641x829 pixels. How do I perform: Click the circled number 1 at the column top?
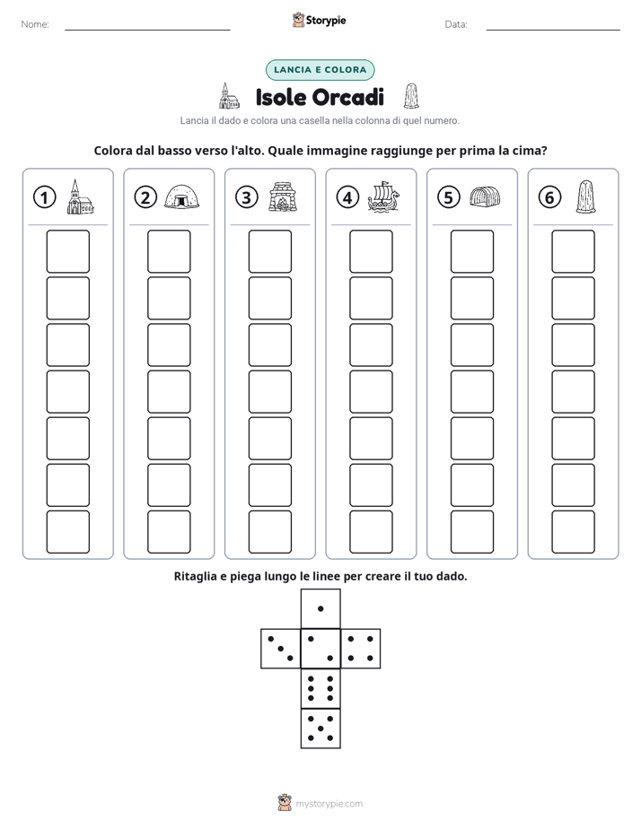[44, 197]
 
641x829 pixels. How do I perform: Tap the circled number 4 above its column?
[347, 197]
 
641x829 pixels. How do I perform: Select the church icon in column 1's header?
[81, 196]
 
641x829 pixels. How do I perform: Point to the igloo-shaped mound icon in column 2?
[181, 196]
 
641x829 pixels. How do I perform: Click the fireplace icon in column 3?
[283, 196]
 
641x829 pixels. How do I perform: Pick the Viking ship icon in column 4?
[383, 196]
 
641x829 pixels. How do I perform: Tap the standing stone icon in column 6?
[585, 196]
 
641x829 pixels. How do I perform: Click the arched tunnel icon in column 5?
[485, 196]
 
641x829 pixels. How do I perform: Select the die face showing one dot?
[320, 608]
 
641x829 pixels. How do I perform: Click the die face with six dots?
[320, 688]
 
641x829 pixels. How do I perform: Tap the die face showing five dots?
[320, 728]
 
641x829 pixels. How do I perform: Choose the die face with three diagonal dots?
[281, 648]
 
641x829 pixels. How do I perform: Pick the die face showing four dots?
[360, 648]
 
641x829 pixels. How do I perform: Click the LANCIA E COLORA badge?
[320, 70]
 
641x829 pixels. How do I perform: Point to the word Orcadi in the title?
[348, 97]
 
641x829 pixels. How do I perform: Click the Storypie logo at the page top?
[319, 20]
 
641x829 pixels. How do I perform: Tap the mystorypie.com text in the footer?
[329, 804]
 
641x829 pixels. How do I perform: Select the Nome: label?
[35, 24]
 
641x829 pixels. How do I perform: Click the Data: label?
[456, 24]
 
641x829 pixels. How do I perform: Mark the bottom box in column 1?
[67, 532]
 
